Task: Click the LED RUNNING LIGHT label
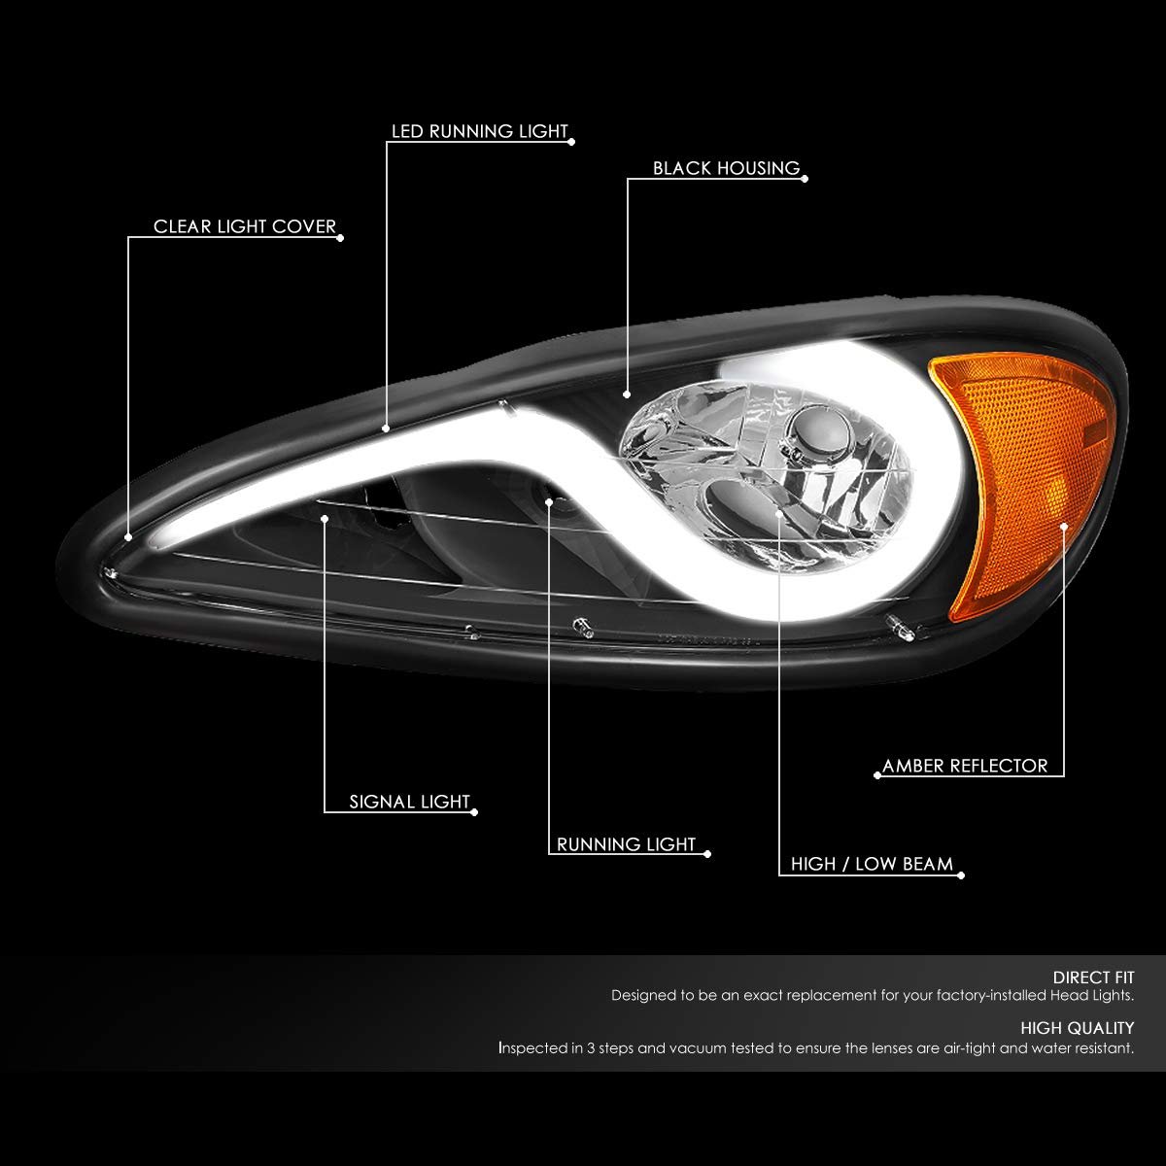click(479, 131)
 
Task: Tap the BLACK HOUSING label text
click(726, 168)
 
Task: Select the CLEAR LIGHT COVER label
click(245, 226)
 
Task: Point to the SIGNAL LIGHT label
click(410, 802)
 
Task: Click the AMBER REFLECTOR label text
click(965, 766)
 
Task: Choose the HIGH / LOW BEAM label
click(872, 864)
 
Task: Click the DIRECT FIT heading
click(1093, 977)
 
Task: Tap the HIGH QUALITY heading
click(1077, 1028)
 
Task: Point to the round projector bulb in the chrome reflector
click(820, 430)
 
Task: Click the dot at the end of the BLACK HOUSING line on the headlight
click(627, 394)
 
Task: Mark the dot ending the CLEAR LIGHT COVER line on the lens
click(128, 536)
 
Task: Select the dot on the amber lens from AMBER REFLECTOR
click(1064, 527)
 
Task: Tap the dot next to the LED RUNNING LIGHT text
click(571, 142)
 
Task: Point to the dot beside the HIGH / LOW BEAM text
click(961, 875)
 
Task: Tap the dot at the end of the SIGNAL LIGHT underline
click(474, 812)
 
